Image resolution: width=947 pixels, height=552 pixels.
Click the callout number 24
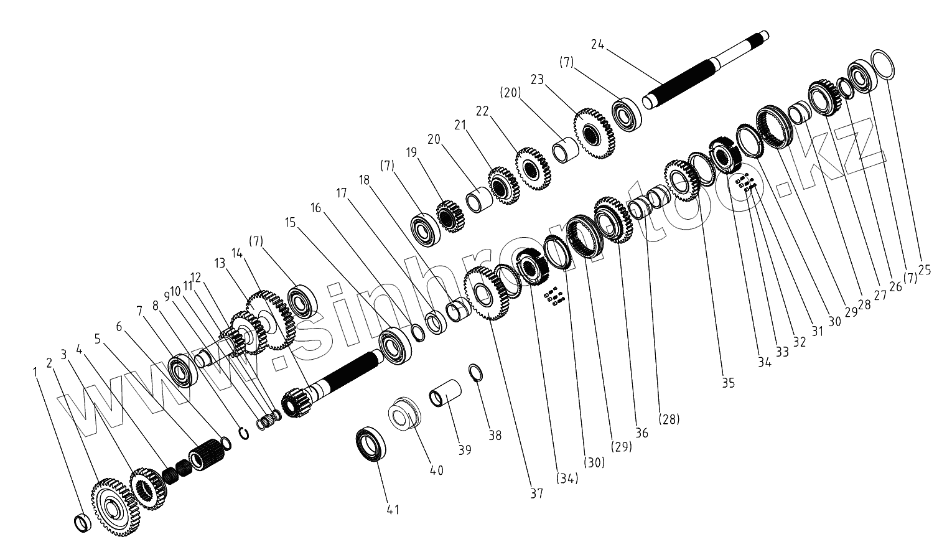tap(597, 44)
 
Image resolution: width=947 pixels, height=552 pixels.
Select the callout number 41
tap(392, 510)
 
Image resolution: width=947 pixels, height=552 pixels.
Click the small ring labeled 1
tap(82, 523)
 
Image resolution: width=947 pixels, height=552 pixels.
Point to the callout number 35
tap(728, 383)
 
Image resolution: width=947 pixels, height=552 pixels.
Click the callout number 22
tap(483, 111)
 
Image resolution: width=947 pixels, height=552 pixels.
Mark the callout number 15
tap(291, 222)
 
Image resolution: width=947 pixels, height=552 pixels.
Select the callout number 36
tap(641, 433)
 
